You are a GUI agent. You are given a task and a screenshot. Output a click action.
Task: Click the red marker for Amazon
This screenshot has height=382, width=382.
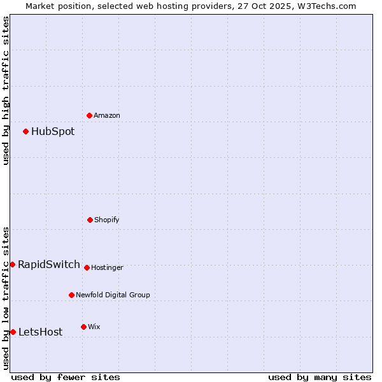tap(89, 115)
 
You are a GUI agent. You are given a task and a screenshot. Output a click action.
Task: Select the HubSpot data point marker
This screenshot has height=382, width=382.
tap(25, 131)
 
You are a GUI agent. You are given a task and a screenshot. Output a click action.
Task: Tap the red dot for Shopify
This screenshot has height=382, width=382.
tap(90, 220)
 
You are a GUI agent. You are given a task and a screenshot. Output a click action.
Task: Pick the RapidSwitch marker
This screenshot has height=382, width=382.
tap(12, 264)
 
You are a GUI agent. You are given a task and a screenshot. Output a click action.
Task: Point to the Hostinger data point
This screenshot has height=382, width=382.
tap(87, 267)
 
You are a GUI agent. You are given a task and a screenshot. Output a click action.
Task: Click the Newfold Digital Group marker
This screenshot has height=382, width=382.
tap(71, 295)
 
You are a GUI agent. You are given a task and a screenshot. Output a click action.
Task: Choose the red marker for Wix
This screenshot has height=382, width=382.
tap(83, 327)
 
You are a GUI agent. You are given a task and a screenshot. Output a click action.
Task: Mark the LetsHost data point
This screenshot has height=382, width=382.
tap(13, 332)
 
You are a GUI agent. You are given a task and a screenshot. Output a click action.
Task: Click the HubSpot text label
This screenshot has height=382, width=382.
tap(53, 132)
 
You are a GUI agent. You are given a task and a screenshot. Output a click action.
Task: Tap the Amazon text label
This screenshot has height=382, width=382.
tap(107, 116)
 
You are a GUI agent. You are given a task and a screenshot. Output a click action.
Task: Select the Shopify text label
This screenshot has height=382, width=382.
tap(107, 220)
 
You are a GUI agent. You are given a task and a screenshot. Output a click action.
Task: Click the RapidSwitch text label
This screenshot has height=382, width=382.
tap(49, 265)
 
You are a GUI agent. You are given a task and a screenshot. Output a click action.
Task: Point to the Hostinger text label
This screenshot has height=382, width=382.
tap(107, 268)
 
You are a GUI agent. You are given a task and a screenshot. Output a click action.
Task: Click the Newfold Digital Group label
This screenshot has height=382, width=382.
tap(113, 295)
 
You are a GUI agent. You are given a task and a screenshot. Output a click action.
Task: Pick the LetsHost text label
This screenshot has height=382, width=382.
tap(41, 332)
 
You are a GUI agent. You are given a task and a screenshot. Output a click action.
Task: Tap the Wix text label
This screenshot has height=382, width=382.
tap(94, 327)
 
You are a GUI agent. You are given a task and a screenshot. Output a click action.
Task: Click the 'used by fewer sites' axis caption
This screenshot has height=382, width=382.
tap(66, 378)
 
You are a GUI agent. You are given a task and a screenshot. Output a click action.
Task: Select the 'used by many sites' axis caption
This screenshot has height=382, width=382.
tap(320, 378)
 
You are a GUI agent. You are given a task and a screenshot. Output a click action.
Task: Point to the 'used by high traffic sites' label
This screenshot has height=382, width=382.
tap(6, 90)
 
